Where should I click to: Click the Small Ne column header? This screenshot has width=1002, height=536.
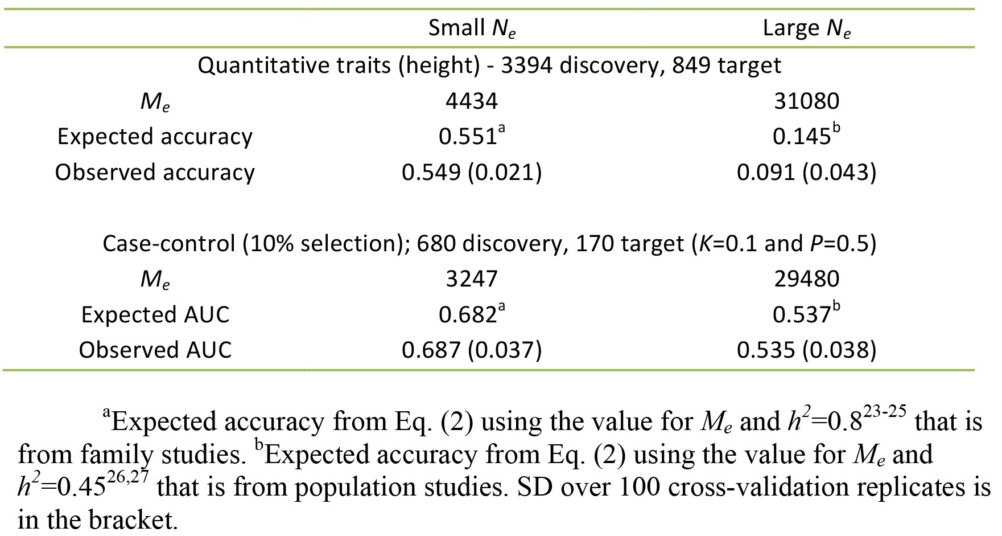pyautogui.click(x=472, y=28)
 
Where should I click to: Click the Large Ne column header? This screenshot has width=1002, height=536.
pyautogui.click(x=806, y=28)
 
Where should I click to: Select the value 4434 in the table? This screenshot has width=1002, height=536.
pyautogui.click(x=472, y=101)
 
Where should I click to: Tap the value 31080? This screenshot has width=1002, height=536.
pyautogui.click(x=806, y=101)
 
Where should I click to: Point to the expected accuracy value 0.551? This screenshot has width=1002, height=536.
pyautogui.click(x=472, y=136)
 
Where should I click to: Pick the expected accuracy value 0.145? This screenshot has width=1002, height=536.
pyautogui.click(x=806, y=136)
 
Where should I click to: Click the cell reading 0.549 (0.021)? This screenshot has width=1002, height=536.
pyautogui.click(x=472, y=172)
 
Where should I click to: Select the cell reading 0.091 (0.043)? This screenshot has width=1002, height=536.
pyautogui.click(x=806, y=172)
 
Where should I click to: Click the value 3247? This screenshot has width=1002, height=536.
pyautogui.click(x=472, y=279)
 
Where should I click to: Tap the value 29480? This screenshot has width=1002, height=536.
pyautogui.click(x=806, y=279)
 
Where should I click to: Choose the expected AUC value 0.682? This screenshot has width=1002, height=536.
pyautogui.click(x=472, y=314)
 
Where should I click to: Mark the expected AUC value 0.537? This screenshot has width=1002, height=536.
pyautogui.click(x=806, y=314)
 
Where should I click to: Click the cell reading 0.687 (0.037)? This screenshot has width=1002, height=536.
pyautogui.click(x=472, y=350)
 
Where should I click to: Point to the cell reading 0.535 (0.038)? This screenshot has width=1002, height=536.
pyautogui.click(x=806, y=350)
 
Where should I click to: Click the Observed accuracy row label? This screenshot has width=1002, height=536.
pyautogui.click(x=155, y=173)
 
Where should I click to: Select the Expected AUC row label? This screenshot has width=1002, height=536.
pyautogui.click(x=155, y=314)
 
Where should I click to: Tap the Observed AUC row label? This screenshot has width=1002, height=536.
pyautogui.click(x=155, y=350)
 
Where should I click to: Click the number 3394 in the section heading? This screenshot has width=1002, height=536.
pyautogui.click(x=526, y=66)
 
